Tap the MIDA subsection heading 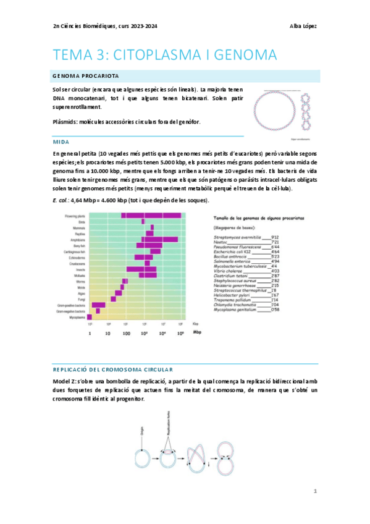click(x=62, y=142)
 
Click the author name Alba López click(x=304, y=26)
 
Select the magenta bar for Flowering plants click(x=151, y=215)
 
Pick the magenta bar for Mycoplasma click(x=90, y=317)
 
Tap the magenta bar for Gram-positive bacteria click(x=98, y=305)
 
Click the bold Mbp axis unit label click(x=196, y=332)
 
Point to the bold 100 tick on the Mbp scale click(x=127, y=333)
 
